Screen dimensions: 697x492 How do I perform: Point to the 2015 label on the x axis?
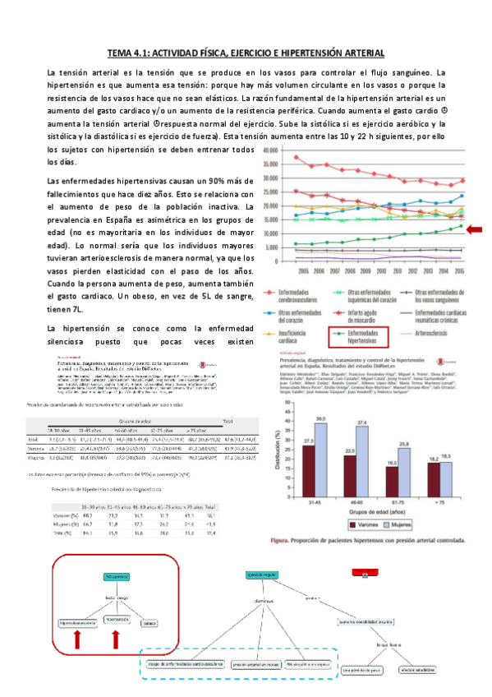pos(461,270)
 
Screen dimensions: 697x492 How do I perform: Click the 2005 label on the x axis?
pos(302,270)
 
